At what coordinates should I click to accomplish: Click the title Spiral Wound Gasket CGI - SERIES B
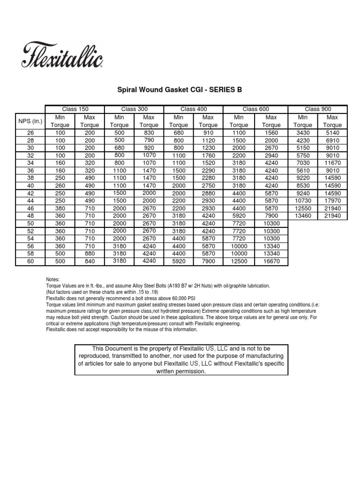180,90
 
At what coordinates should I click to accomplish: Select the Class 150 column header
75,109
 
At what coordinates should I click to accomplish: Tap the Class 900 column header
318,109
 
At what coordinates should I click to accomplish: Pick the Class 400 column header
194,109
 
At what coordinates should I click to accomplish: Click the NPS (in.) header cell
30,121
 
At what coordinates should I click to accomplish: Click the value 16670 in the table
271,261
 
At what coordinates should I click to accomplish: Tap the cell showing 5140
332,133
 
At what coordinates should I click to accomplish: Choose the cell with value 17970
332,201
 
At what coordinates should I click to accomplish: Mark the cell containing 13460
303,216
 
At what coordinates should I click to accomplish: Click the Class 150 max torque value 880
90,254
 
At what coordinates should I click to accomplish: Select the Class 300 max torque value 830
149,133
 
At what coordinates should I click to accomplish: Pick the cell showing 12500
239,261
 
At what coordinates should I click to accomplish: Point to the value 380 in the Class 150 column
60,208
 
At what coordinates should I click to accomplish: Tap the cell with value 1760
208,156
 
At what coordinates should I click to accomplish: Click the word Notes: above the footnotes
53,279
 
